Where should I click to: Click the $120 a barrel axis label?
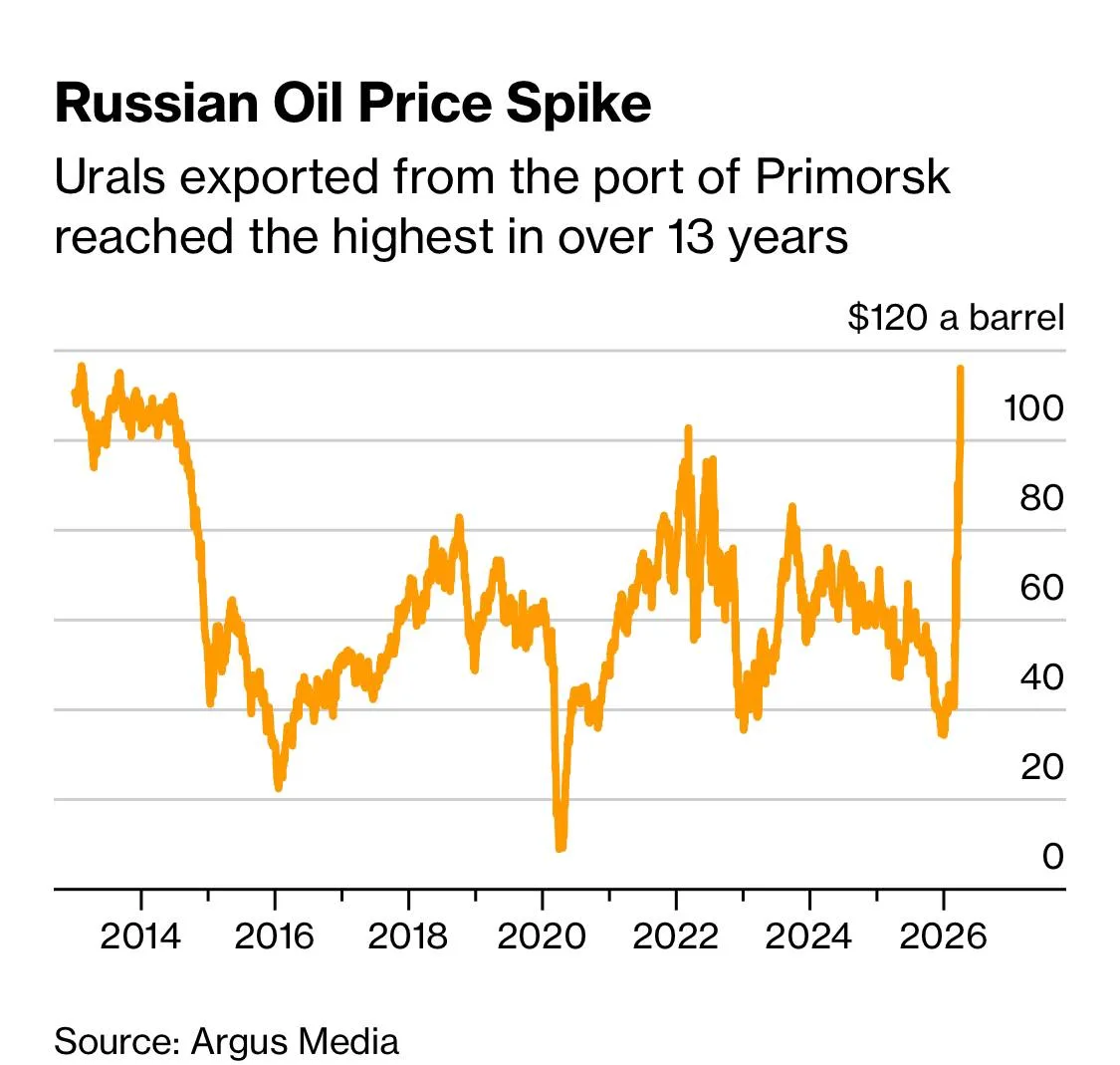[x=956, y=318]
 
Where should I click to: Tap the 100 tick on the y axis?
[x=1033, y=407]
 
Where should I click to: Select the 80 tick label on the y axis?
[x=1041, y=497]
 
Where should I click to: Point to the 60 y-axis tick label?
[x=1041, y=587]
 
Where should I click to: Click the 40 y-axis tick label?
[x=1041, y=676]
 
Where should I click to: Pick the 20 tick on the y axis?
[x=1041, y=766]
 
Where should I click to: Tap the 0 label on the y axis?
[x=1052, y=856]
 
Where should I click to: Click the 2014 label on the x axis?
[x=140, y=936]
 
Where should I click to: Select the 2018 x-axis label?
[x=407, y=936]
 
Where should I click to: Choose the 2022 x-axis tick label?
[x=675, y=936]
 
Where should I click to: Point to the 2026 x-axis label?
[x=943, y=936]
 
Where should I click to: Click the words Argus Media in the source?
[x=295, y=1041]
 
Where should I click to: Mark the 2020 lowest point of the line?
[x=560, y=847]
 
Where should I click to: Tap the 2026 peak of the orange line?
[x=961, y=370]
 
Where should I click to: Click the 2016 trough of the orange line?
[x=279, y=787]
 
